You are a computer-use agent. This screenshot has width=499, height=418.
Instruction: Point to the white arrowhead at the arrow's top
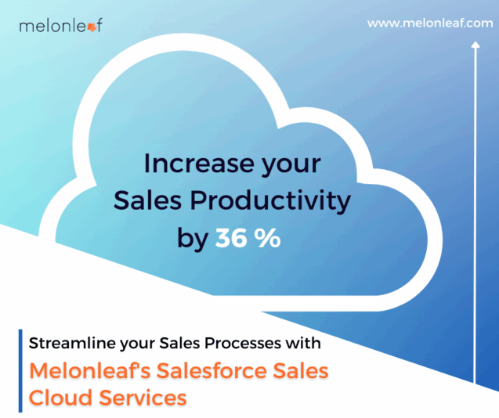click(475, 45)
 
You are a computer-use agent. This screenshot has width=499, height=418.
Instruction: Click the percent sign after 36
click(267, 239)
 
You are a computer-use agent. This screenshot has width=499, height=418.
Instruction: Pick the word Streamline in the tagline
click(69, 343)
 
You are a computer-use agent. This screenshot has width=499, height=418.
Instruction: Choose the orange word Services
click(143, 397)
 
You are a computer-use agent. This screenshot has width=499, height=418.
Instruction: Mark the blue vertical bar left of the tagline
click(20, 371)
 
